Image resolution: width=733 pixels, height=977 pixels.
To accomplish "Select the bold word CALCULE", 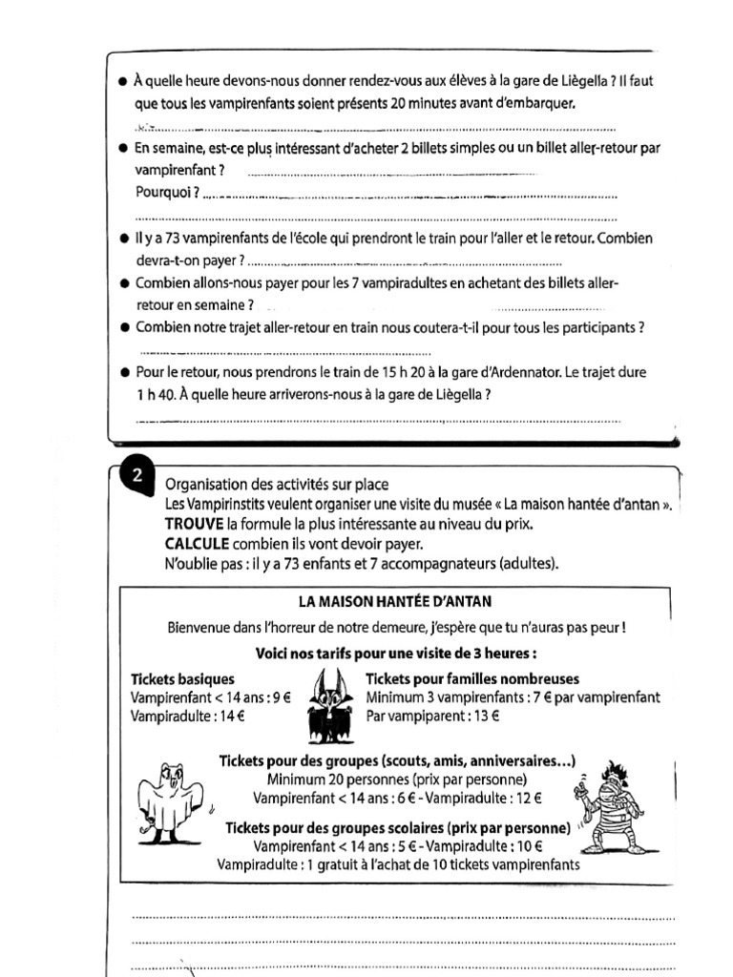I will [197, 543].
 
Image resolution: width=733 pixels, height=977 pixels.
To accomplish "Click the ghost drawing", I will [169, 802].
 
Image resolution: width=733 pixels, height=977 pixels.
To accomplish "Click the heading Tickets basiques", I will [182, 679].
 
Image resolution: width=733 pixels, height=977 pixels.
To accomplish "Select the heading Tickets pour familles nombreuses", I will [472, 679].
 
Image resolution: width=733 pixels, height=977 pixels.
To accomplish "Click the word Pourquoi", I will [167, 193].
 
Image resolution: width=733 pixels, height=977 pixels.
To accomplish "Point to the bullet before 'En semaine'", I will [123, 149].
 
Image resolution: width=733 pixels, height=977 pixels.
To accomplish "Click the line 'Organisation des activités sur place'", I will [277, 484].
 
